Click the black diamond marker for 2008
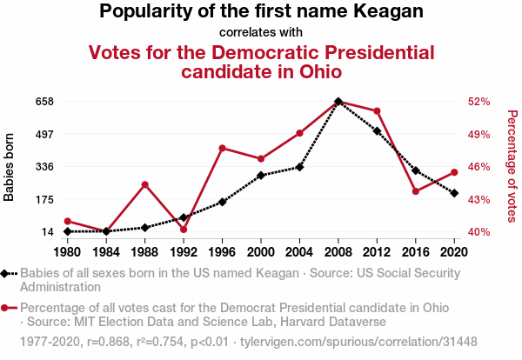pyautogui.click(x=338, y=102)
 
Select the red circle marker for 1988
pyautogui.click(x=145, y=184)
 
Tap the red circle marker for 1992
pyautogui.click(x=184, y=230)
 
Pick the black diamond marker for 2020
pyautogui.click(x=454, y=193)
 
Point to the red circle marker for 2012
pyautogui.click(x=377, y=111)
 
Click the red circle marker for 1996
pyautogui.click(x=223, y=148)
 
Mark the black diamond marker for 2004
pyautogui.click(x=299, y=167)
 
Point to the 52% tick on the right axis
pyautogui.click(x=479, y=102)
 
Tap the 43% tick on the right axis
pyautogui.click(x=479, y=200)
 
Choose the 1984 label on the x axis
pyautogui.click(x=106, y=251)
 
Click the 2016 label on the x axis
pyautogui.click(x=416, y=251)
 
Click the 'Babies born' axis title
pyautogui.click(x=10, y=167)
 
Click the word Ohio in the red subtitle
pyautogui.click(x=311, y=71)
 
